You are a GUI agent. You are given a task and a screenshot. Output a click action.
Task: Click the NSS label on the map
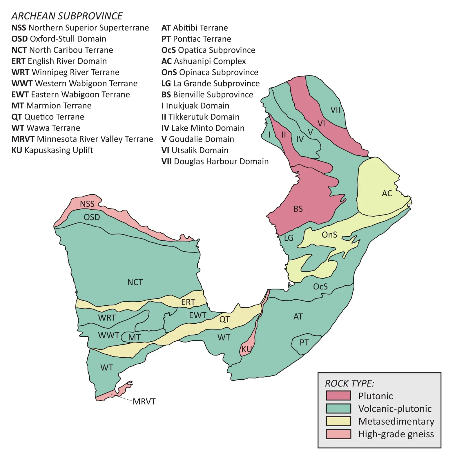pos(87,204)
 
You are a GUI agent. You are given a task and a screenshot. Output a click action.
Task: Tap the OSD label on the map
pos(92,217)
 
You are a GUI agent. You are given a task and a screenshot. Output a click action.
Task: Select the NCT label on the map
pos(135,282)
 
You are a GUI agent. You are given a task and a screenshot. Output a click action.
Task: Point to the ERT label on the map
pos(188,302)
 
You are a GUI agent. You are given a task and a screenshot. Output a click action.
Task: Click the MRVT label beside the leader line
pos(144,402)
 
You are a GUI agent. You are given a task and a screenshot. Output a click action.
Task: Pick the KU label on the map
pos(246,349)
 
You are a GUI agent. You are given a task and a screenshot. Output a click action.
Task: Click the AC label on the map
pos(387,193)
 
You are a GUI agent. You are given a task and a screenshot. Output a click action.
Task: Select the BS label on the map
pos(298,209)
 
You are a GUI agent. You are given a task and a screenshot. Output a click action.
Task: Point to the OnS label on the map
pos(329,235)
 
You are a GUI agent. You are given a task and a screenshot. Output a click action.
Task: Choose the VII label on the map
pos(335,110)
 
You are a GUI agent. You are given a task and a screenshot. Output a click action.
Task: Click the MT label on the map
pos(134,338)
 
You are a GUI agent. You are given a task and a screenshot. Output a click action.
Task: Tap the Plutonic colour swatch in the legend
pos(338,396)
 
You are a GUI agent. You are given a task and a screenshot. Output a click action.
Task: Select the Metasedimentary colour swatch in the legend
pos(338,421)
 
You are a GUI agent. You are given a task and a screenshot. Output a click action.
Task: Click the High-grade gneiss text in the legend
pos(396,434)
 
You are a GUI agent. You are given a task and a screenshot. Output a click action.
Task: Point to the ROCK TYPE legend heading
pos(349,383)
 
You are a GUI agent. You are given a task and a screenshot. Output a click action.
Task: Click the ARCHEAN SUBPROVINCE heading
pos(67,16)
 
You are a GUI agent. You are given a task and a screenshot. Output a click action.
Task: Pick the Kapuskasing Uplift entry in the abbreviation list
pos(52,150)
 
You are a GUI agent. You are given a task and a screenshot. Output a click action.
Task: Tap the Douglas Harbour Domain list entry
pos(215,161)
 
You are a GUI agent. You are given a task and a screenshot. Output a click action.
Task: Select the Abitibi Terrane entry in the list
pos(195,28)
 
